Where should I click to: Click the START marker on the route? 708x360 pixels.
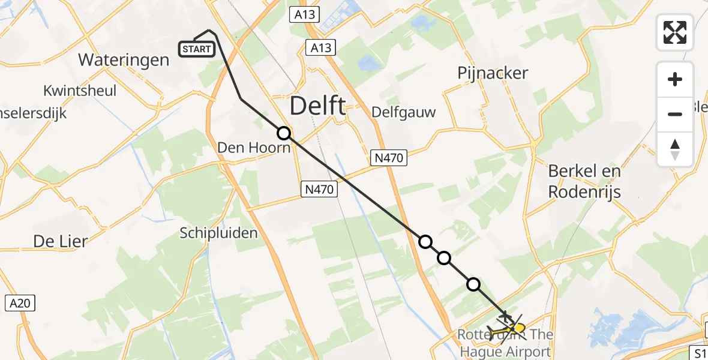197,49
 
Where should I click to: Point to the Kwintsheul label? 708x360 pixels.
80,91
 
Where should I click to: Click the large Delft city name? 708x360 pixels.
317,106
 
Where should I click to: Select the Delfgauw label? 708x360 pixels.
403,112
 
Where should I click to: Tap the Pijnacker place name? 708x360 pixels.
493,73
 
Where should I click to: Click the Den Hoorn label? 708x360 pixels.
254,147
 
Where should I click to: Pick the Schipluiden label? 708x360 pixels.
218,233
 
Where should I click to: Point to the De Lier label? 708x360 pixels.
61,241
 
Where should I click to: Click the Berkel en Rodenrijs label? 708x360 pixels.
584,181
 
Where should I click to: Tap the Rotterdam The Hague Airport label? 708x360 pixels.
505,344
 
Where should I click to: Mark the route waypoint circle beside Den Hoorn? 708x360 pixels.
284,133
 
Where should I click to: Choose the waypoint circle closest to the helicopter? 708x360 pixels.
473,284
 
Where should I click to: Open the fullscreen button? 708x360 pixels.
675,32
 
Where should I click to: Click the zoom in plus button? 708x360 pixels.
675,79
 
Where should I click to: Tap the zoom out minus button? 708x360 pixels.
675,114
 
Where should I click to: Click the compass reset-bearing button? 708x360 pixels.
675,149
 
